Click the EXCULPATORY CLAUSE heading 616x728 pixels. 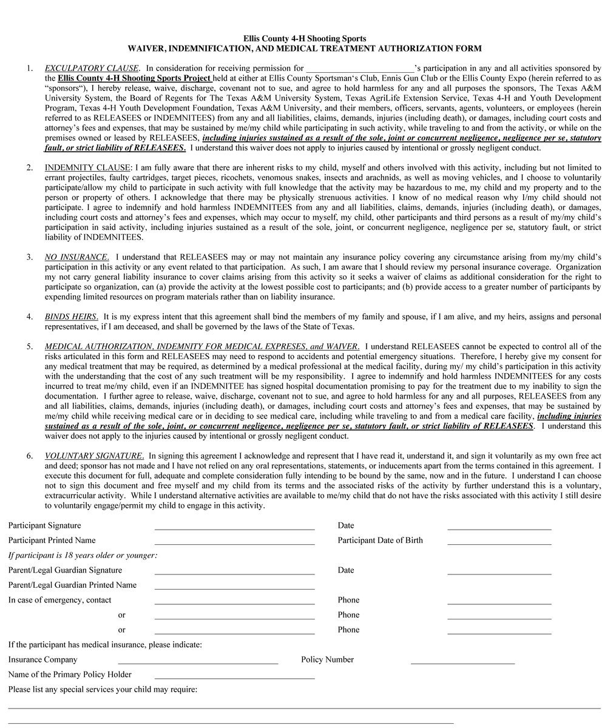tap(92, 69)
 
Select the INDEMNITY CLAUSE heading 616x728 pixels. tap(87, 167)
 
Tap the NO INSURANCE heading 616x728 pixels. tap(77, 257)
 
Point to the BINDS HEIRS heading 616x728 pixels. tap(71, 317)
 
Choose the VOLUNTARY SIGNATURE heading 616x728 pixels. tap(94, 456)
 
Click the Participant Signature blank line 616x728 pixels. tap(234, 528)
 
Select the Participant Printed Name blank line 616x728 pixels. tap(234, 544)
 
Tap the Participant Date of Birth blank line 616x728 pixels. tap(499, 544)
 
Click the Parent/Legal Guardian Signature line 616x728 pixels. tap(234, 573)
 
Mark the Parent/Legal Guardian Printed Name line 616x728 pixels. tap(234, 588)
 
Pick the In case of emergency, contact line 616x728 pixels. tap(234, 603)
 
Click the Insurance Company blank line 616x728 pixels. tap(198, 662)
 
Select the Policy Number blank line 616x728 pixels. tap(462, 662)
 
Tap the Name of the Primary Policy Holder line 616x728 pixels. tap(234, 678)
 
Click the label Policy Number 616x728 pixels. tap(327, 659)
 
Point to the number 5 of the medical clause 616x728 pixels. tap(29, 346)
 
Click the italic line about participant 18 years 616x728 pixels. tap(83, 555)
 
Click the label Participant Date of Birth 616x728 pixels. tap(380, 541)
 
